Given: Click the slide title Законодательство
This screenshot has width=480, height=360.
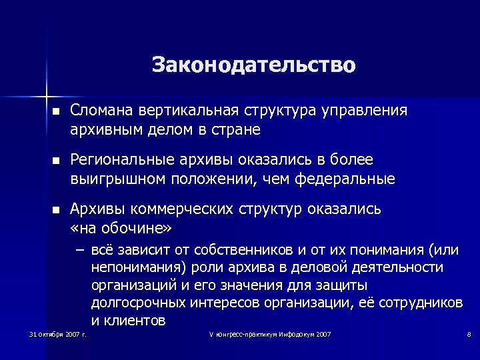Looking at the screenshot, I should tap(254, 65).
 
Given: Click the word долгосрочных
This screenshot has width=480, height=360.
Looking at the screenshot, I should tap(137, 303).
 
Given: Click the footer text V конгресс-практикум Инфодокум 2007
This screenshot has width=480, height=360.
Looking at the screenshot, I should tap(269, 334).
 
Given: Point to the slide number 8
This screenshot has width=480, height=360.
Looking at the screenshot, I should tap(469, 334).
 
